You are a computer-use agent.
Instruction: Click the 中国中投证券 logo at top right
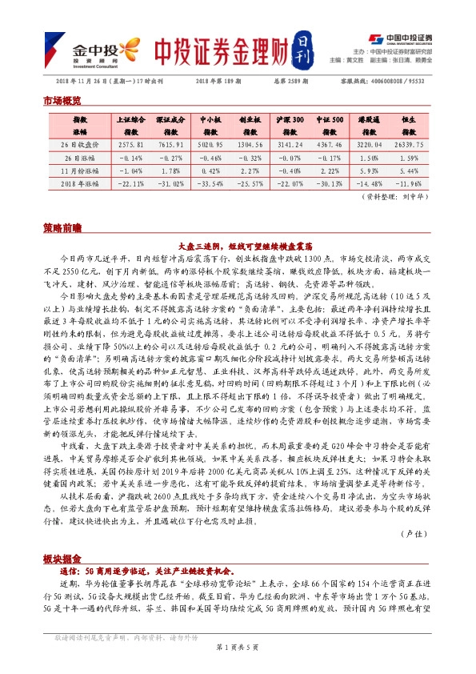[x=401, y=38]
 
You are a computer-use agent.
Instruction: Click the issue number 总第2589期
[x=277, y=80]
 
